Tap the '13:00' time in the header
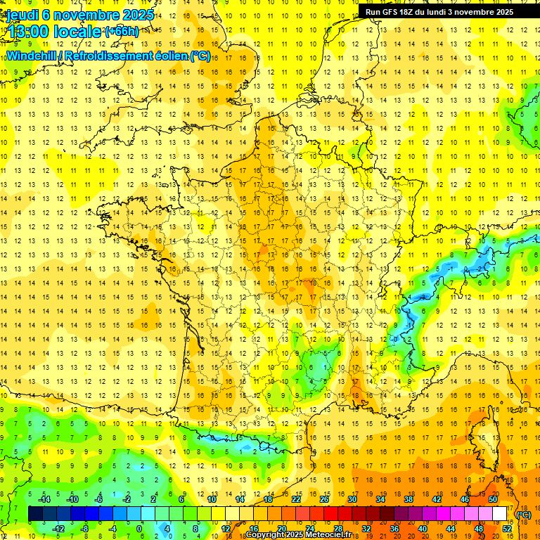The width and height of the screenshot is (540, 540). click(x=29, y=31)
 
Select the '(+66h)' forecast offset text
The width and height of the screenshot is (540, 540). click(x=122, y=32)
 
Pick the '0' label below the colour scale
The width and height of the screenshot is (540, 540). click(x=139, y=528)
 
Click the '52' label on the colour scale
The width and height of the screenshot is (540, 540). click(x=506, y=528)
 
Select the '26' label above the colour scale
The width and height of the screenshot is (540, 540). click(x=324, y=499)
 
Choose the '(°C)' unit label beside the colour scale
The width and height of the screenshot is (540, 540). click(x=524, y=515)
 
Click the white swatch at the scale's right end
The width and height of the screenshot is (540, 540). click(x=499, y=514)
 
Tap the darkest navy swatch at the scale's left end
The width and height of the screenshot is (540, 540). click(x=35, y=514)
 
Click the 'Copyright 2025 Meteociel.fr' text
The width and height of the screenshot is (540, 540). click(x=302, y=535)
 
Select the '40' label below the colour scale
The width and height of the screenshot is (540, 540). click(x=422, y=528)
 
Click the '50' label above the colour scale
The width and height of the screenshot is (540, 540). click(x=493, y=499)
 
